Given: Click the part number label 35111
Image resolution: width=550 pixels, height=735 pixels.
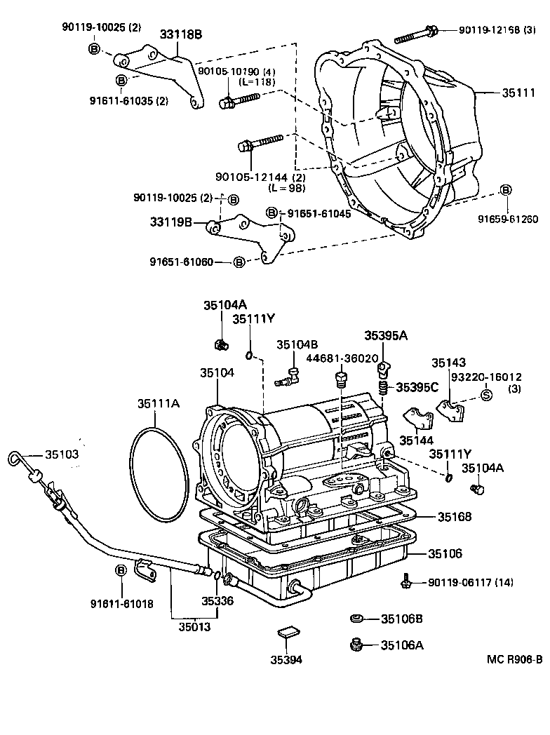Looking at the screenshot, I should click(x=517, y=92).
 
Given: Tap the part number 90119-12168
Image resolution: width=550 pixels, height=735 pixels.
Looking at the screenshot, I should click(x=490, y=30).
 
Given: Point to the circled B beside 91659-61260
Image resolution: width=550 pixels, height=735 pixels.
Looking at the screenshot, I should click(x=505, y=191).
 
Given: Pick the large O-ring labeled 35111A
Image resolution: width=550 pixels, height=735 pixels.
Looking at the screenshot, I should click(x=159, y=476).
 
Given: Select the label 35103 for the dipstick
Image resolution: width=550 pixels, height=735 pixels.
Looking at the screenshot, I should click(x=62, y=454).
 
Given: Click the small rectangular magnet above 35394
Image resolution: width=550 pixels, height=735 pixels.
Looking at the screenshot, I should click(x=287, y=633).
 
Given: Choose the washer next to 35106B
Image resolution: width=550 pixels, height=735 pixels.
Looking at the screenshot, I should click(x=356, y=619).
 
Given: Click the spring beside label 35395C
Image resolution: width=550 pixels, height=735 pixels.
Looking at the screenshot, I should click(x=383, y=387).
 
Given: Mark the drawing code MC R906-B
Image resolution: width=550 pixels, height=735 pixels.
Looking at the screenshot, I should click(x=515, y=659).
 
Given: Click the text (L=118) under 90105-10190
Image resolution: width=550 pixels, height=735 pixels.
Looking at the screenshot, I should click(x=257, y=81).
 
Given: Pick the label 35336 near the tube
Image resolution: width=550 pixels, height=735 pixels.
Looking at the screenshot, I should click(x=217, y=601).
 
